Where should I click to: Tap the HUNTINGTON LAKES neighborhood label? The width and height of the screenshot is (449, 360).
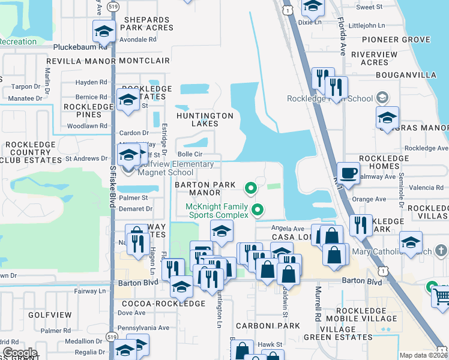coord(205,119)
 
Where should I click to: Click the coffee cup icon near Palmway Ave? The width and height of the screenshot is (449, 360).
coord(349,174)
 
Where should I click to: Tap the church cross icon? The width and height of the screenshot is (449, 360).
coord(441,250)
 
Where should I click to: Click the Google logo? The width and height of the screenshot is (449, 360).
coord(19,353)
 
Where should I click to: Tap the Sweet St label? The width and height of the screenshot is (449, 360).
coord(369,7)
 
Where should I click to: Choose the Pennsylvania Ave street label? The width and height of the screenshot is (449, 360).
coord(143,328)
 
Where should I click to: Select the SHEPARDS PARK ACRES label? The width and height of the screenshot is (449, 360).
coord(148,23)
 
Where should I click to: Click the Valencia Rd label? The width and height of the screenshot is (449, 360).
coord(427,188)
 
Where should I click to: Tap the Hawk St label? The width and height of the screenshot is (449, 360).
coord(271,344)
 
